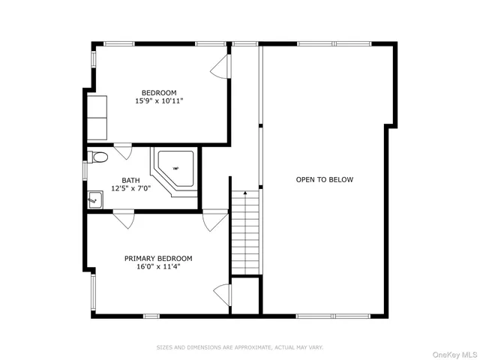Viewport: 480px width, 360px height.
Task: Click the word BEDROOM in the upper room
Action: (x=159, y=92)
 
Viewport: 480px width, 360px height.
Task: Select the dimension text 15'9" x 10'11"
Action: (x=159, y=100)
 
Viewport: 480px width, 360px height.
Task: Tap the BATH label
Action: (x=130, y=180)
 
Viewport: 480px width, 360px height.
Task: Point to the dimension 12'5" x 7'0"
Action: (x=130, y=188)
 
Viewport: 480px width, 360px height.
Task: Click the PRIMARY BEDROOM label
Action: (x=158, y=257)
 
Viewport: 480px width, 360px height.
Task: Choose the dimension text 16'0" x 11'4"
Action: (x=158, y=265)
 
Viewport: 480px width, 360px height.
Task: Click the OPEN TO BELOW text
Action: (x=324, y=179)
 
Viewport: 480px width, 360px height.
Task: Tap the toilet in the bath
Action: (x=97, y=157)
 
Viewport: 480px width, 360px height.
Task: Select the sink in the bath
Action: (x=95, y=199)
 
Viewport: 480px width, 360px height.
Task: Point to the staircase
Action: (x=245, y=232)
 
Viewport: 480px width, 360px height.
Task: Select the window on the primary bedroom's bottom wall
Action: (x=151, y=316)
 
